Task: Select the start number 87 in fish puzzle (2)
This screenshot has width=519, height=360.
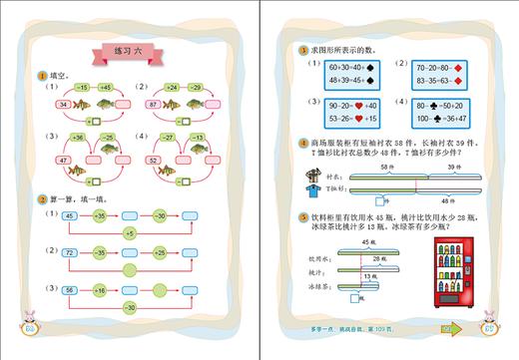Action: (155, 104)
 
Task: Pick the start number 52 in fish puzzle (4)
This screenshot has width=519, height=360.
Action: (155, 159)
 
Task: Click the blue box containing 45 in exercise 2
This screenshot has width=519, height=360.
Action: (70, 214)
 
